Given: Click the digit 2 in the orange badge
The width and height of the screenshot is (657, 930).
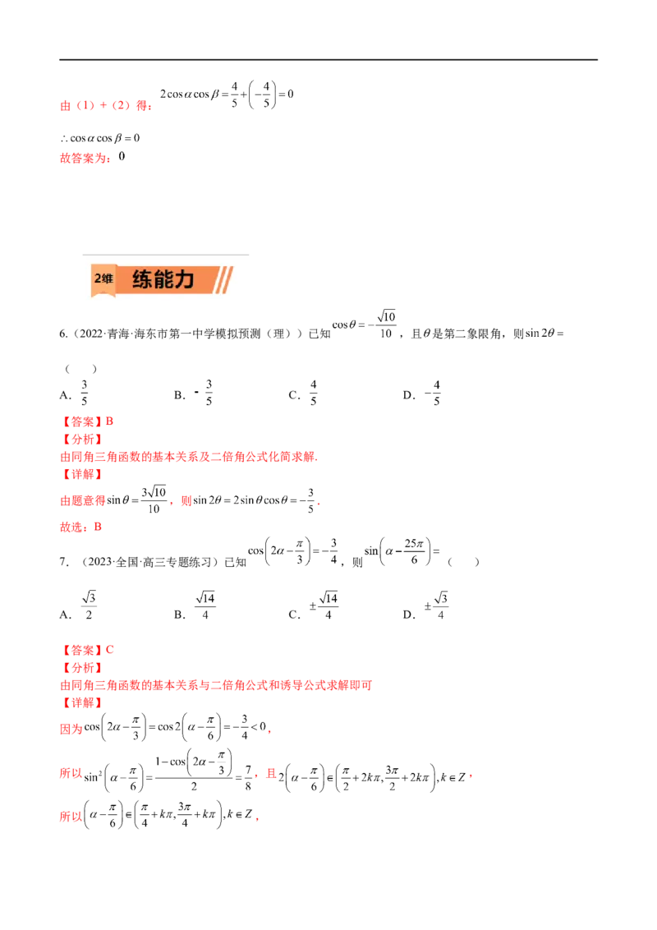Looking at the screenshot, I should (97, 279).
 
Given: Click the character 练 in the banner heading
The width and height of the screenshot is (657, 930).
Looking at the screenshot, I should (142, 279).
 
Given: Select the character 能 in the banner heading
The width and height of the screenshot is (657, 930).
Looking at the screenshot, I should (163, 279).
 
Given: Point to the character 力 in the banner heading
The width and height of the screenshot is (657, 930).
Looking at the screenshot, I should (184, 279).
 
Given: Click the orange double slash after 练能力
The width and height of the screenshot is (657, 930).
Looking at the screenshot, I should (224, 280).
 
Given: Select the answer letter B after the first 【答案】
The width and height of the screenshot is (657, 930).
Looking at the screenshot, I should (112, 421).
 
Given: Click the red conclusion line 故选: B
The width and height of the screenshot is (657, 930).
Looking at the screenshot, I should (80, 528).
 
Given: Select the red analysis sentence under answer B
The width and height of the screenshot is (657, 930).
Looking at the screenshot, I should (190, 458).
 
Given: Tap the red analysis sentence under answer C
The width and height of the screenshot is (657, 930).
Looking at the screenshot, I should (217, 685).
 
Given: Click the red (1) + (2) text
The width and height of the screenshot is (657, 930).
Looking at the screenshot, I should (103, 106).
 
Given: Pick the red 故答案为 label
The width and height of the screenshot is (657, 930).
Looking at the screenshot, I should (85, 159).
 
